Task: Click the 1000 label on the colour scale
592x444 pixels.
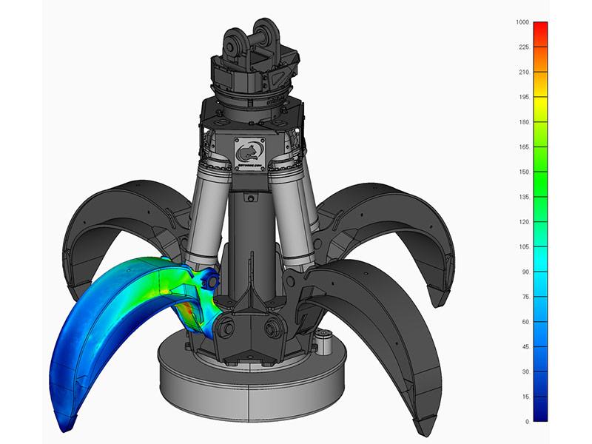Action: [522, 22]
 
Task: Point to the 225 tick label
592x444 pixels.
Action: [524, 47]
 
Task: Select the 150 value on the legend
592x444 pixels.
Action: [524, 172]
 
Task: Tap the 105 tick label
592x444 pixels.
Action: [524, 247]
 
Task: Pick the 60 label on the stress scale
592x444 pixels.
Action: [525, 322]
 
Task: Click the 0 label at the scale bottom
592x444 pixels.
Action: [527, 421]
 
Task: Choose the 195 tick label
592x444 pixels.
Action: [524, 97]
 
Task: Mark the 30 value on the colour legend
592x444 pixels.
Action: [525, 372]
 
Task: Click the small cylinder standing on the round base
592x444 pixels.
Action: [323, 342]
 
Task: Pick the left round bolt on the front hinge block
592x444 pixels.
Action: [226, 326]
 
